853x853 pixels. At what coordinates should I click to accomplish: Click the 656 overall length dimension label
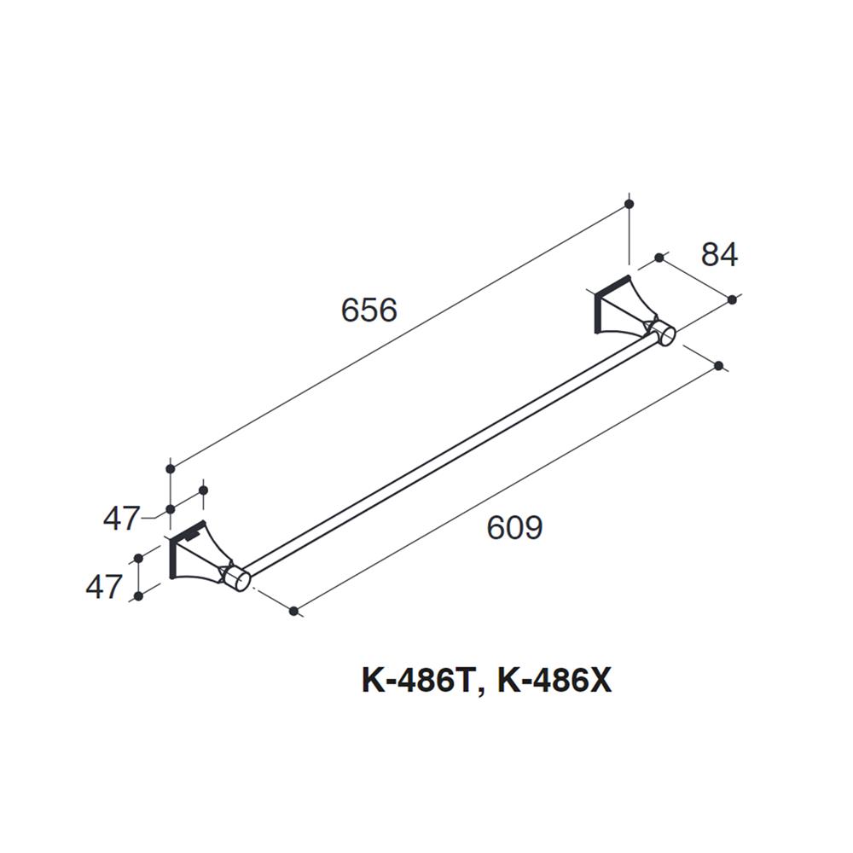(368, 310)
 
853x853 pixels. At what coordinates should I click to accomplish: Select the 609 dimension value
(514, 529)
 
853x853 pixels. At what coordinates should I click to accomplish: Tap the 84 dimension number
(718, 255)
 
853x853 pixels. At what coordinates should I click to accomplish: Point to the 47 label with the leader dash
(121, 518)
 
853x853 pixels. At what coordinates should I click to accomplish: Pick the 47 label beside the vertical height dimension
(104, 587)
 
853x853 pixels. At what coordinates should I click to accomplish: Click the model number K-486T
(415, 682)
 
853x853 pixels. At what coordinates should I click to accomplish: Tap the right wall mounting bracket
(619, 309)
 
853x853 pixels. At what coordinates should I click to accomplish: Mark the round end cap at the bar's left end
(241, 579)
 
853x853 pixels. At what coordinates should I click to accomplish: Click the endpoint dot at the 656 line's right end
(630, 204)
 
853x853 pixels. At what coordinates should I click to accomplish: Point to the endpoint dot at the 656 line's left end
(171, 468)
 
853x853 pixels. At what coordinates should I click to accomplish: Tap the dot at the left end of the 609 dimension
(293, 611)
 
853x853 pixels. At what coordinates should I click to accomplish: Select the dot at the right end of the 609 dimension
(718, 366)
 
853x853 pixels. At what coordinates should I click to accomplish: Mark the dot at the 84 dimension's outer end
(732, 299)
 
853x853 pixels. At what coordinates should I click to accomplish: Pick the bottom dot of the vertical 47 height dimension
(136, 596)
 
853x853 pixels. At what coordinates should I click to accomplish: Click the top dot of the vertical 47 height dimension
(136, 559)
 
